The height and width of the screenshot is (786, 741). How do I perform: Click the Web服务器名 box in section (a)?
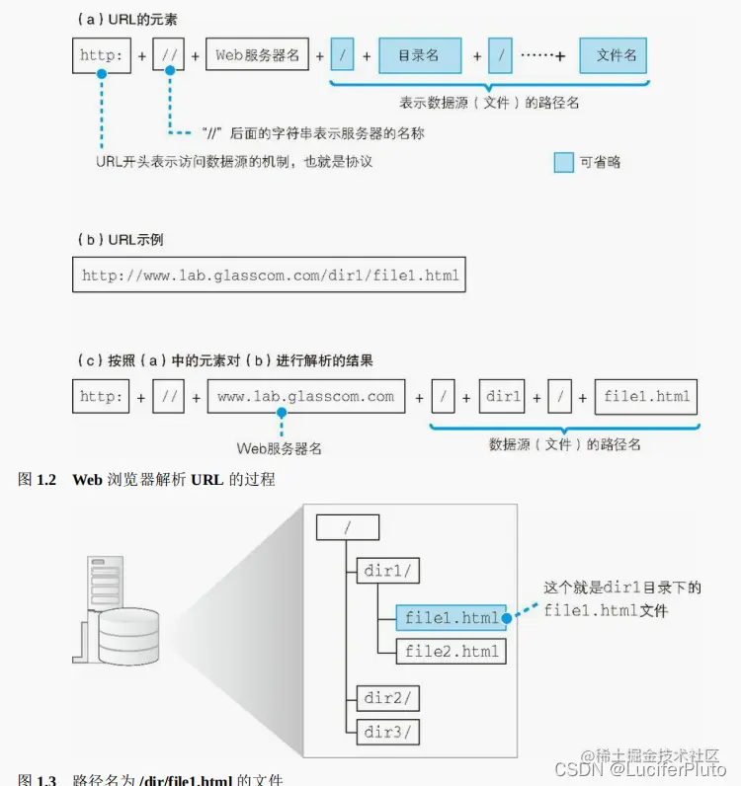tap(258, 55)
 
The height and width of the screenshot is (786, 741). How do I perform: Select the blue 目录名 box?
tap(420, 56)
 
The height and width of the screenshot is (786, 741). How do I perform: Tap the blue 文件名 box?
tap(613, 56)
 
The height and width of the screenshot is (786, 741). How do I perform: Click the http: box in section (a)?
tap(102, 55)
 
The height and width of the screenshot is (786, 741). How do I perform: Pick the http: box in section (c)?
tap(102, 397)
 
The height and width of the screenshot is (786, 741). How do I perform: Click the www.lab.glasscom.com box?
tap(305, 397)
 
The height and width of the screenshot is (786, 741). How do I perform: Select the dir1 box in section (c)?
tap(504, 397)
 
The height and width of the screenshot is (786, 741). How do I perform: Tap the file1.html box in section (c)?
tap(646, 397)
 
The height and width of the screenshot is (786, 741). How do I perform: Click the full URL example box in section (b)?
tap(270, 275)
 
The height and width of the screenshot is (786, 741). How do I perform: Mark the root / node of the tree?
tap(348, 527)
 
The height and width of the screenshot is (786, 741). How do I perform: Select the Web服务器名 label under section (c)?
tap(280, 448)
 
